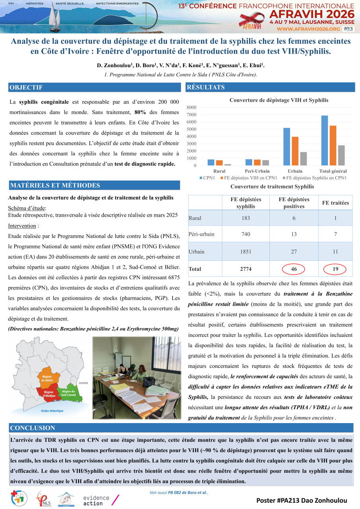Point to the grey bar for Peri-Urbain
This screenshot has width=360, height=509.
(265, 163)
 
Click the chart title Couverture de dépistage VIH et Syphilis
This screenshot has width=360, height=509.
(279, 100)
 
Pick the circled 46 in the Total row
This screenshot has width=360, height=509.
(294, 269)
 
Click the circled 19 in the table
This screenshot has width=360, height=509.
(335, 269)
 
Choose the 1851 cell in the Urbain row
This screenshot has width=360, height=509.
(246, 252)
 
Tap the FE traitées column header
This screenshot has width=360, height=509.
(335, 203)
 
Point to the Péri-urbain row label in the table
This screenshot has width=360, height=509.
(201, 234)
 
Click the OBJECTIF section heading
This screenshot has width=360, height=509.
(26, 87)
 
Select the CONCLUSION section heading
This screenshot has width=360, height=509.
(33, 428)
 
